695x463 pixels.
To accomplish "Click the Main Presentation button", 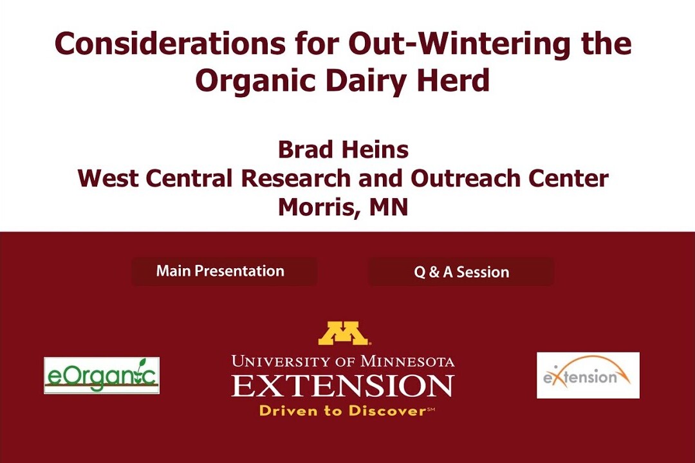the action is pos(225,271).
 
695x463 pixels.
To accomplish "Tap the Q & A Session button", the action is pos(461,271).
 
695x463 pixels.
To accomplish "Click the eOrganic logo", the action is pos(102,376).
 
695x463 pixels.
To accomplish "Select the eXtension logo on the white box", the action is pos(588,376).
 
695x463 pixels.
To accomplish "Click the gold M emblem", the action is pos(344,333).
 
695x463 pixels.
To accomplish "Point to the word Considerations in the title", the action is pos(170,44).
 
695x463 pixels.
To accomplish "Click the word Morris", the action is pos(314,207).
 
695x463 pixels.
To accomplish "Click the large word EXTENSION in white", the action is pos(342,385).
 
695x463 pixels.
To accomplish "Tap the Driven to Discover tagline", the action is pos(347,411).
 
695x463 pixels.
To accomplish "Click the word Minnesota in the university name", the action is pos(407,361).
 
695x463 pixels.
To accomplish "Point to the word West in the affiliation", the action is pos(108,178).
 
